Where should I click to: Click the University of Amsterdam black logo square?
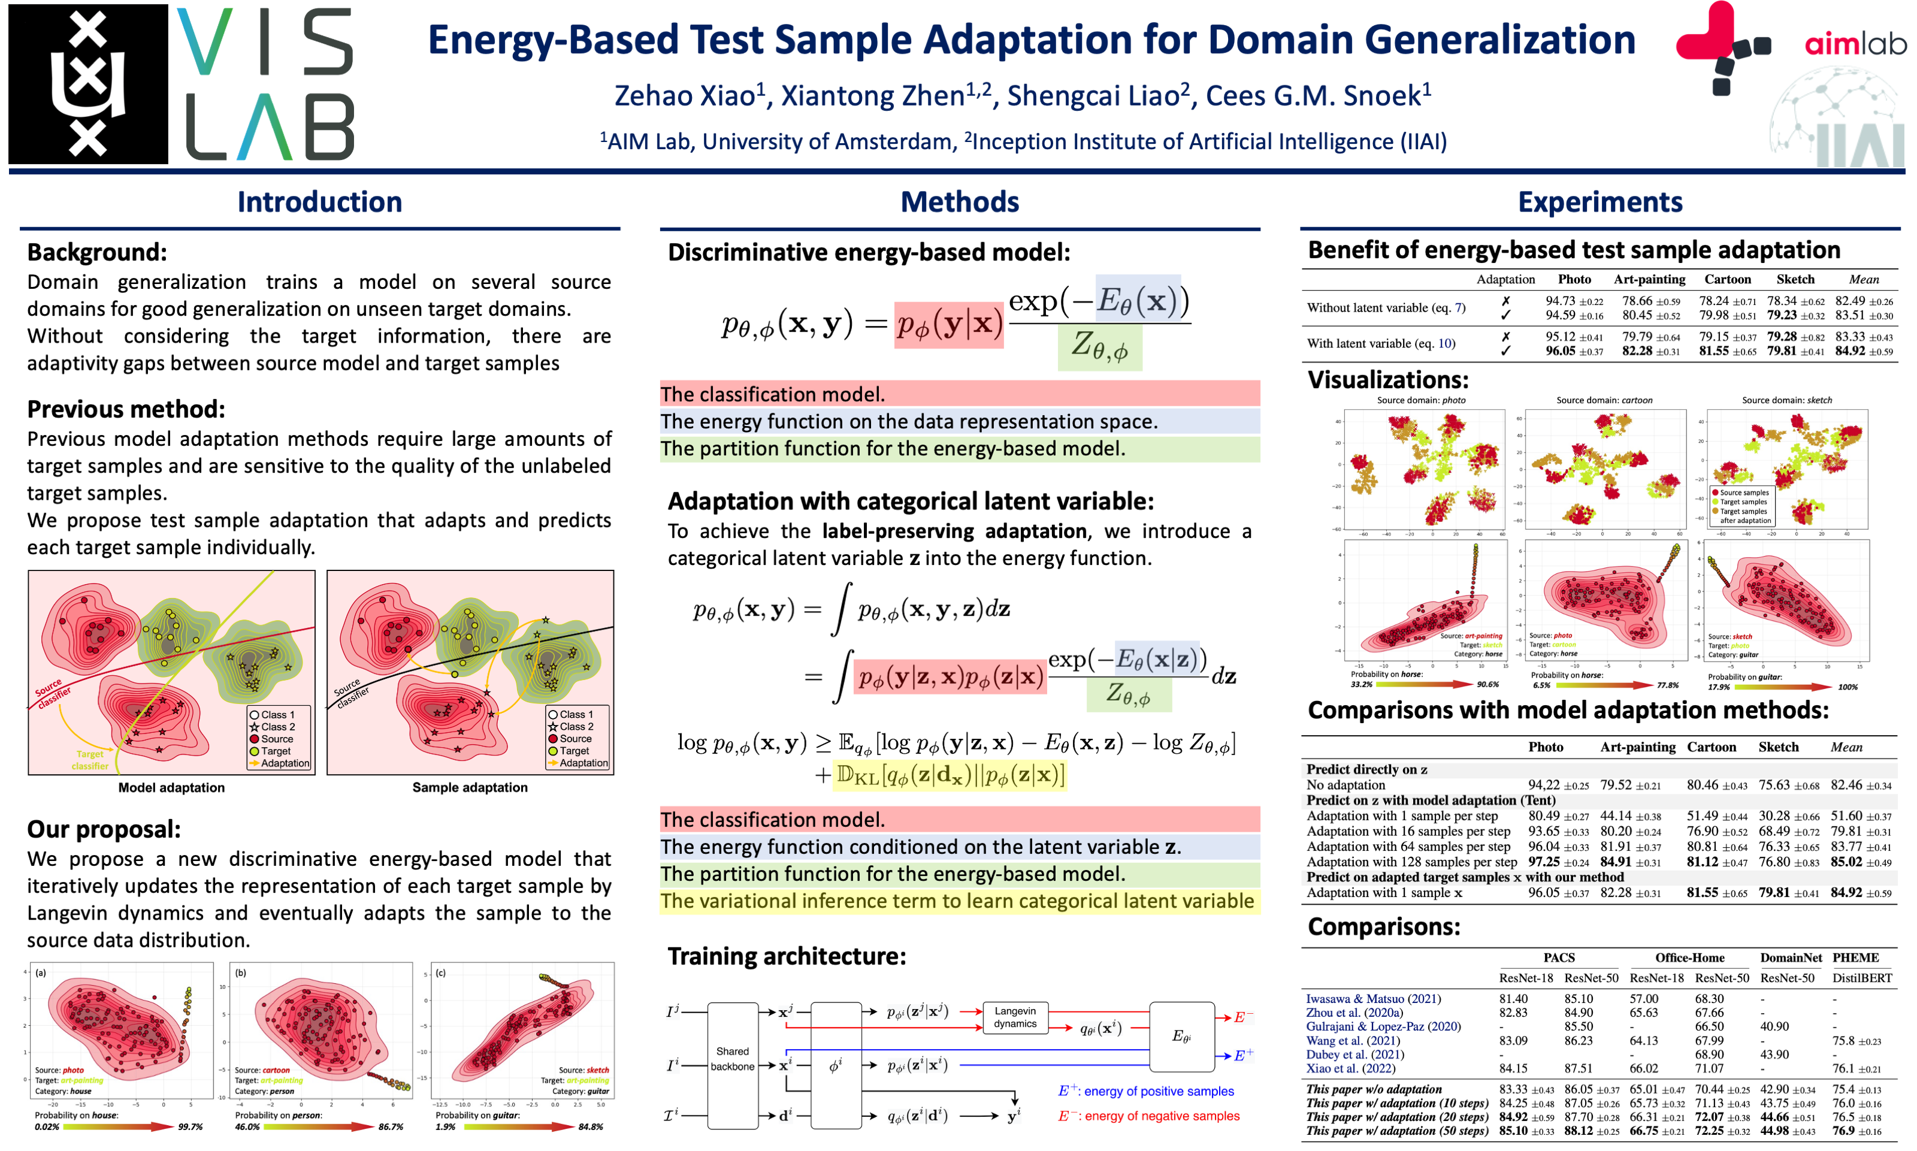pyautogui.click(x=87, y=84)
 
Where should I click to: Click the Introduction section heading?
pyautogui.click(x=319, y=203)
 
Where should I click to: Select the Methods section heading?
pyautogui.click(x=959, y=203)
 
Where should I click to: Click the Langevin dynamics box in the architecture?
pyautogui.click(x=1014, y=1017)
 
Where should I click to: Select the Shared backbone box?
pyautogui.click(x=732, y=1059)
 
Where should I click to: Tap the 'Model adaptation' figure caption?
pyautogui.click(x=171, y=787)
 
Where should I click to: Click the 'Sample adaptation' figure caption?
pyautogui.click(x=469, y=787)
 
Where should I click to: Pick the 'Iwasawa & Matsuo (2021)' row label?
pyautogui.click(x=1372, y=999)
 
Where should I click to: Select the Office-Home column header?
pyautogui.click(x=1689, y=958)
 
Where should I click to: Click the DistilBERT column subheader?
pyautogui.click(x=1861, y=978)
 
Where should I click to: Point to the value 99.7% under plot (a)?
pyautogui.click(x=190, y=1127)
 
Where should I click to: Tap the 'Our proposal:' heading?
pyautogui.click(x=104, y=829)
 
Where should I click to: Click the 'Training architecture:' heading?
pyautogui.click(x=787, y=956)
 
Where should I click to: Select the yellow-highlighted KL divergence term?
pyautogui.click(x=949, y=775)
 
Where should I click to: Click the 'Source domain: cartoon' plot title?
pyautogui.click(x=1604, y=400)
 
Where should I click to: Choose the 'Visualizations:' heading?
pyautogui.click(x=1387, y=380)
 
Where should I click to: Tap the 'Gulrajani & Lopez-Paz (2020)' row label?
pyautogui.click(x=1383, y=1027)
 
